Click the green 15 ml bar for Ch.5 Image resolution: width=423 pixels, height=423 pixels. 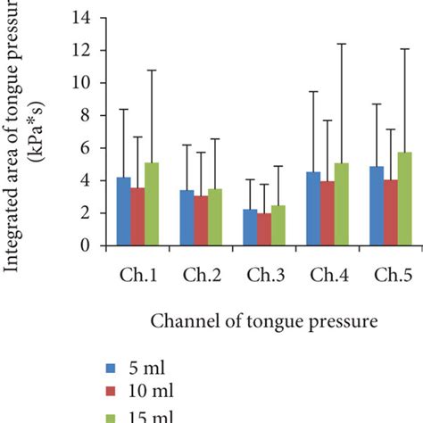point(405,198)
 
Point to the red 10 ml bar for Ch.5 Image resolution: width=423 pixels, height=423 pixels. point(390,212)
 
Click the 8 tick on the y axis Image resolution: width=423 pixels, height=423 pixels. point(85,115)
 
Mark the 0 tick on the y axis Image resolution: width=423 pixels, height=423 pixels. point(85,245)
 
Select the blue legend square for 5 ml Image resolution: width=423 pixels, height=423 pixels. point(111,368)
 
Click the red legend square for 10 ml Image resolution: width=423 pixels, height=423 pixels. point(111,390)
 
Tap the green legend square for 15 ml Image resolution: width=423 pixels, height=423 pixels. point(111,413)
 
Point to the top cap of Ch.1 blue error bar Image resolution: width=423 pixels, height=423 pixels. point(124,109)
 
